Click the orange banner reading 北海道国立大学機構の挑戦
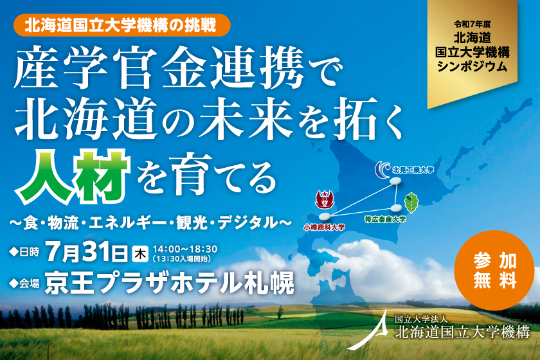point(121,26)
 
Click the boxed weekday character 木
point(139,252)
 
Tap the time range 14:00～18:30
point(185,248)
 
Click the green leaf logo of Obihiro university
point(412,203)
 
